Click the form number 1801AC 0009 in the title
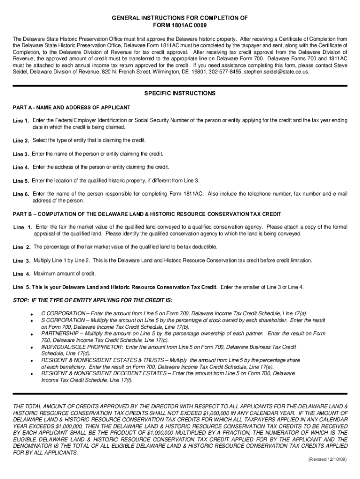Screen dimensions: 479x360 (x=180, y=25)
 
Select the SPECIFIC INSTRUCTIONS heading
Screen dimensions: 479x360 (x=180, y=94)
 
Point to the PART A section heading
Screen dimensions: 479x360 (x=71, y=108)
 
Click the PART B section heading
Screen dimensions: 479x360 (x=147, y=214)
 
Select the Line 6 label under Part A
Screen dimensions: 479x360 (x=21, y=194)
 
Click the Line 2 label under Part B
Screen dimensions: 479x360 (x=22, y=247)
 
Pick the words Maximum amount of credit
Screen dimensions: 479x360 (x=65, y=274)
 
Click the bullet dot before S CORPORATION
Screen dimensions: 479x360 (x=31, y=320)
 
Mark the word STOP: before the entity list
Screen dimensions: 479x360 (x=21, y=300)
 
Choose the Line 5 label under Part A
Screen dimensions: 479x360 (x=21, y=181)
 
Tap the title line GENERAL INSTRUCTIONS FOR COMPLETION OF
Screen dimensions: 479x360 (x=180, y=17)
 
